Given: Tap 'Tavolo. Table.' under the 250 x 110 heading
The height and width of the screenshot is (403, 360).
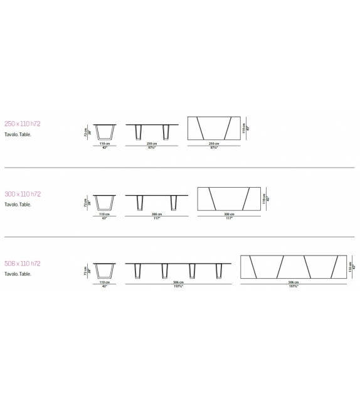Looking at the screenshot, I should click(x=18, y=134).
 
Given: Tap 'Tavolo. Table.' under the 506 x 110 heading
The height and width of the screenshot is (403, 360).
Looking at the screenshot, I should click(x=18, y=274).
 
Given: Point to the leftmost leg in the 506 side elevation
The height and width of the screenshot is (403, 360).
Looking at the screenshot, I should click(x=138, y=271).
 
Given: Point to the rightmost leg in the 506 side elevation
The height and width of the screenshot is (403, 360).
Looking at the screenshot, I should click(x=219, y=271).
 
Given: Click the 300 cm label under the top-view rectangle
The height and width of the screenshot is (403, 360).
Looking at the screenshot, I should click(x=229, y=214).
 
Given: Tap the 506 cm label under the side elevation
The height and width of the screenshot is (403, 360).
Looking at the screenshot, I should click(x=179, y=283).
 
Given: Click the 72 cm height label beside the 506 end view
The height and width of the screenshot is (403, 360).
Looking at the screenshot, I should click(x=85, y=271).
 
